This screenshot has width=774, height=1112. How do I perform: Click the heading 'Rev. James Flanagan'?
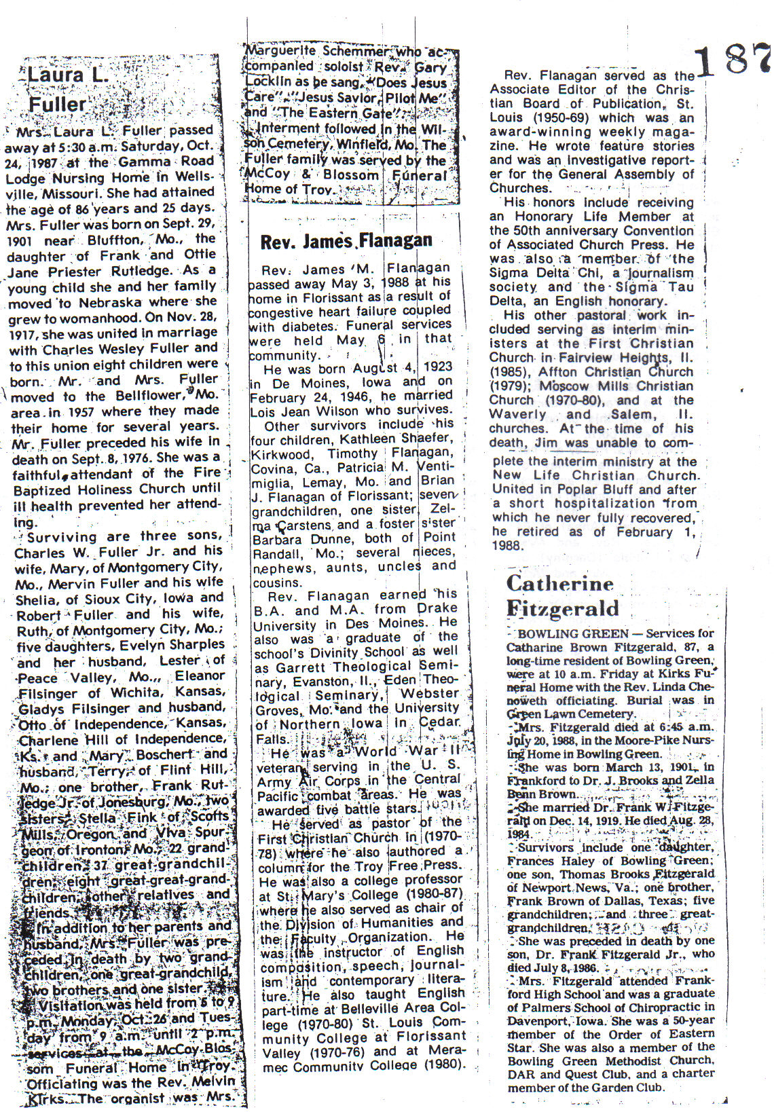[x=346, y=241]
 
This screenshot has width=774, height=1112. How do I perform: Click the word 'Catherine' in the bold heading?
[x=559, y=583]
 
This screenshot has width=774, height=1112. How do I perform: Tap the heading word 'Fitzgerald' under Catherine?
[x=562, y=608]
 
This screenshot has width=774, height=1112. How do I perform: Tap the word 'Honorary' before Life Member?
[x=542, y=217]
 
